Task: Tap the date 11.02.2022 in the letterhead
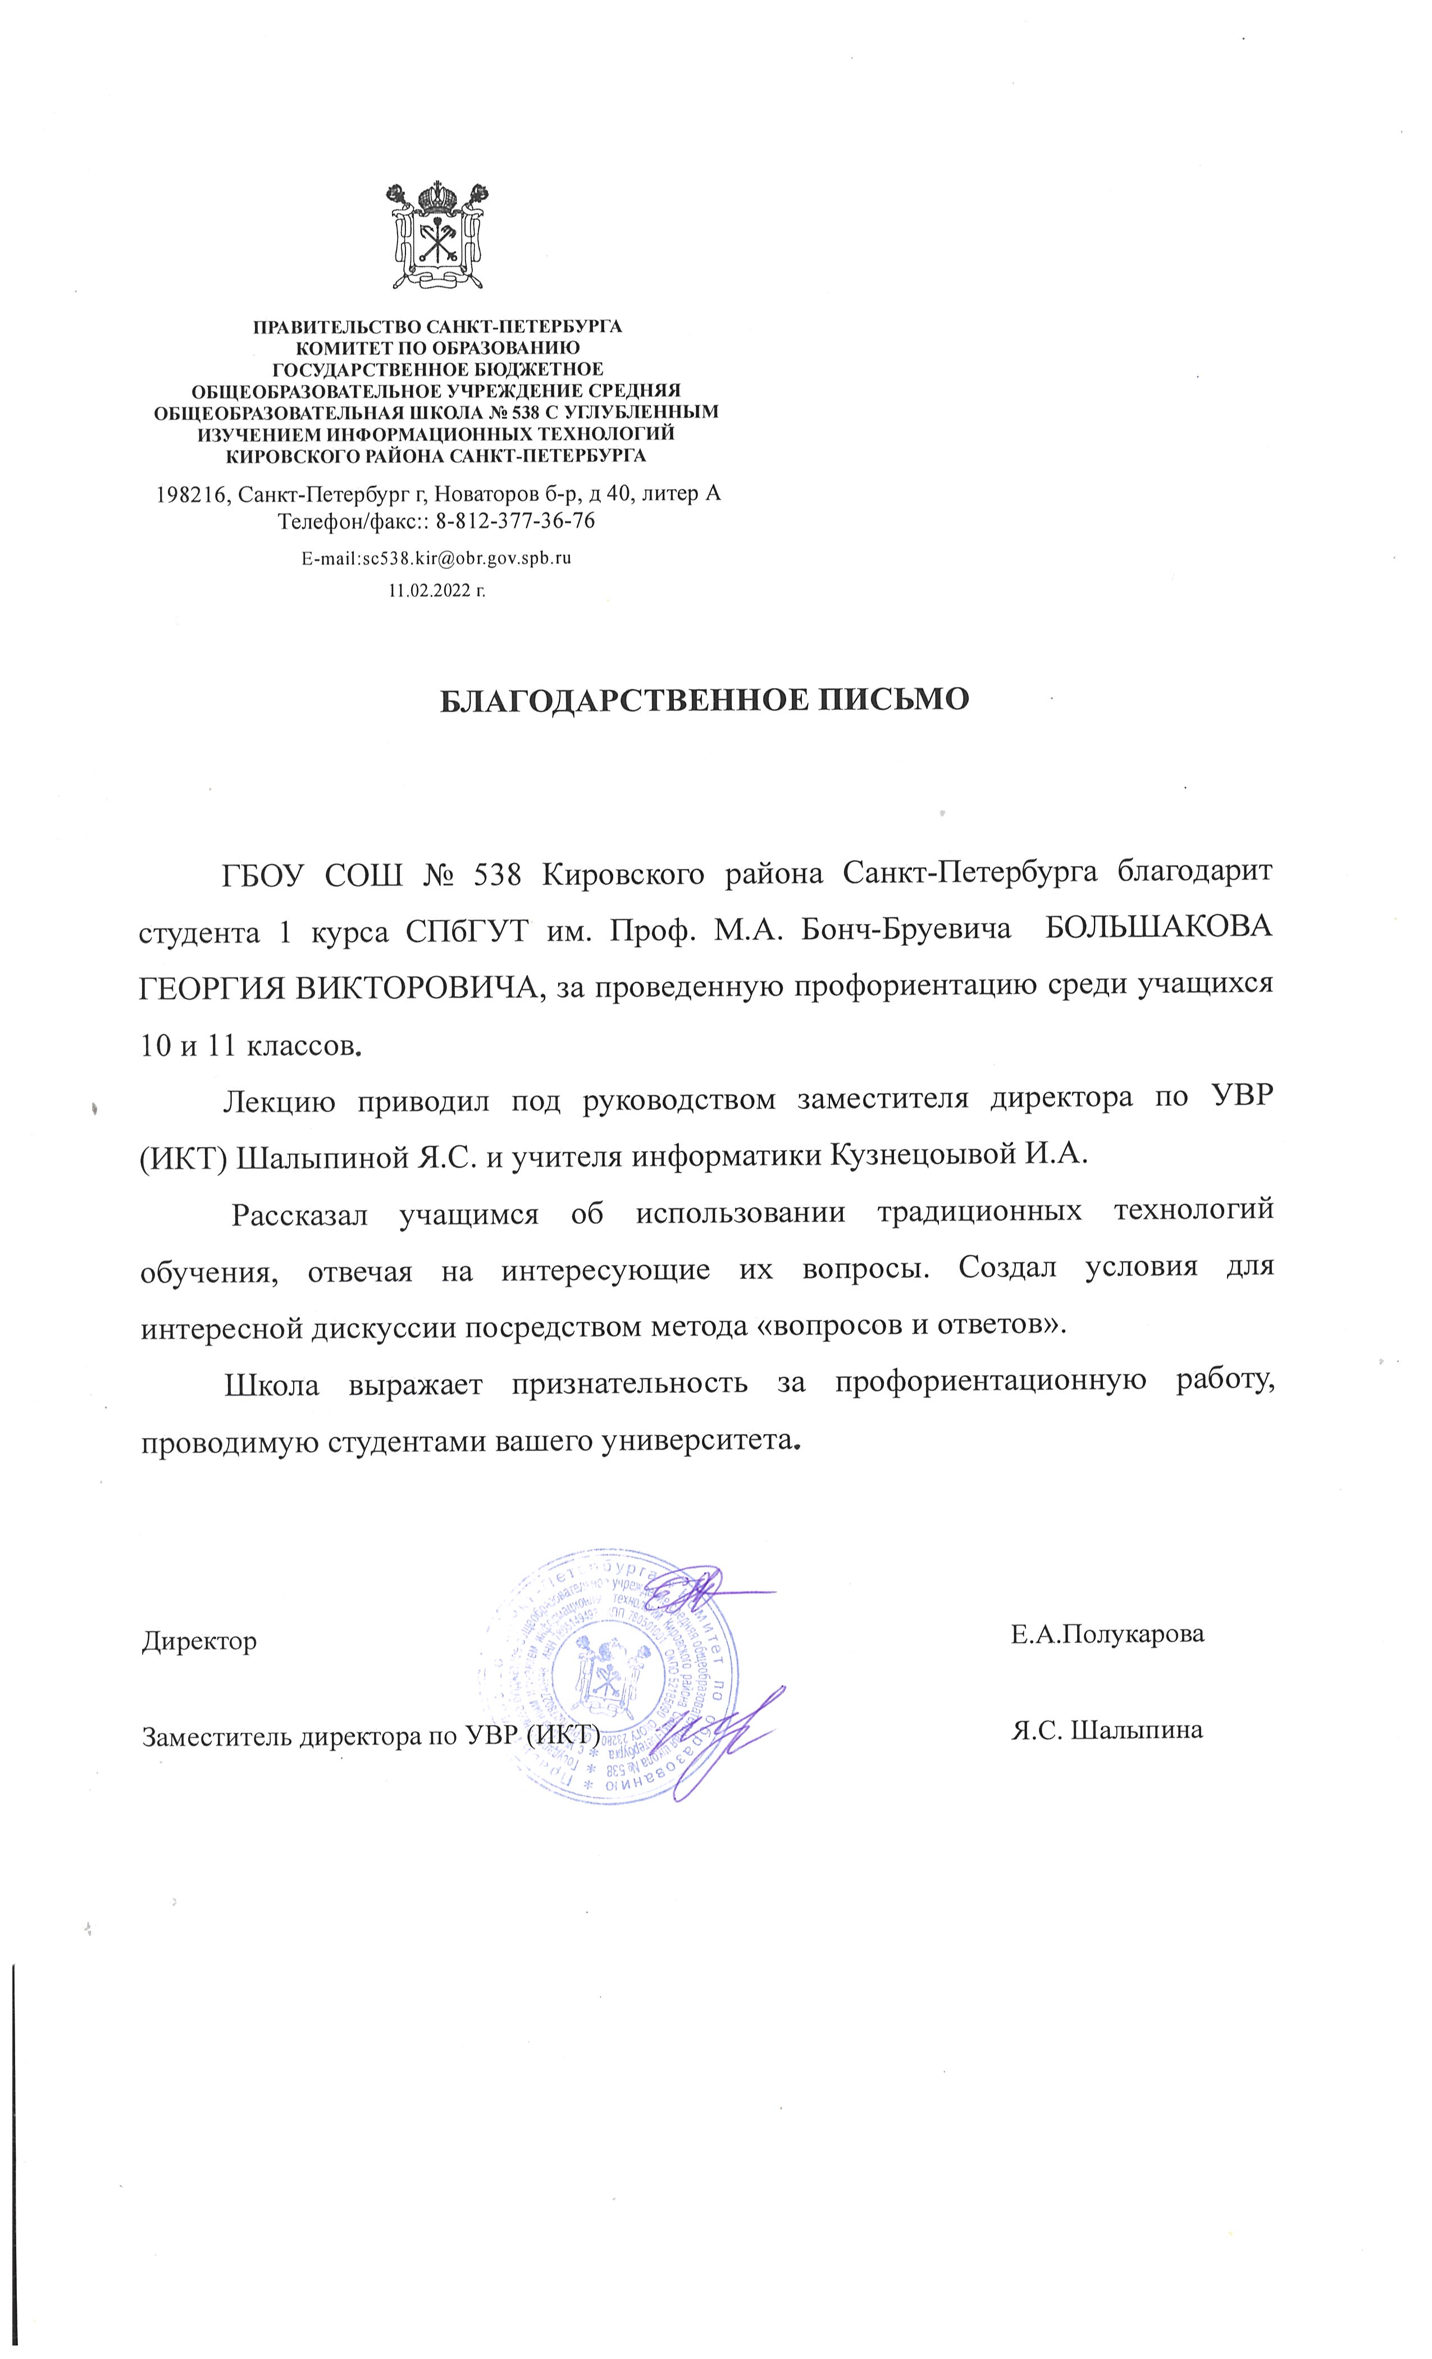click(x=436, y=591)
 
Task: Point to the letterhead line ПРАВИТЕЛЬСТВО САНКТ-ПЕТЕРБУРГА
click(x=436, y=326)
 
